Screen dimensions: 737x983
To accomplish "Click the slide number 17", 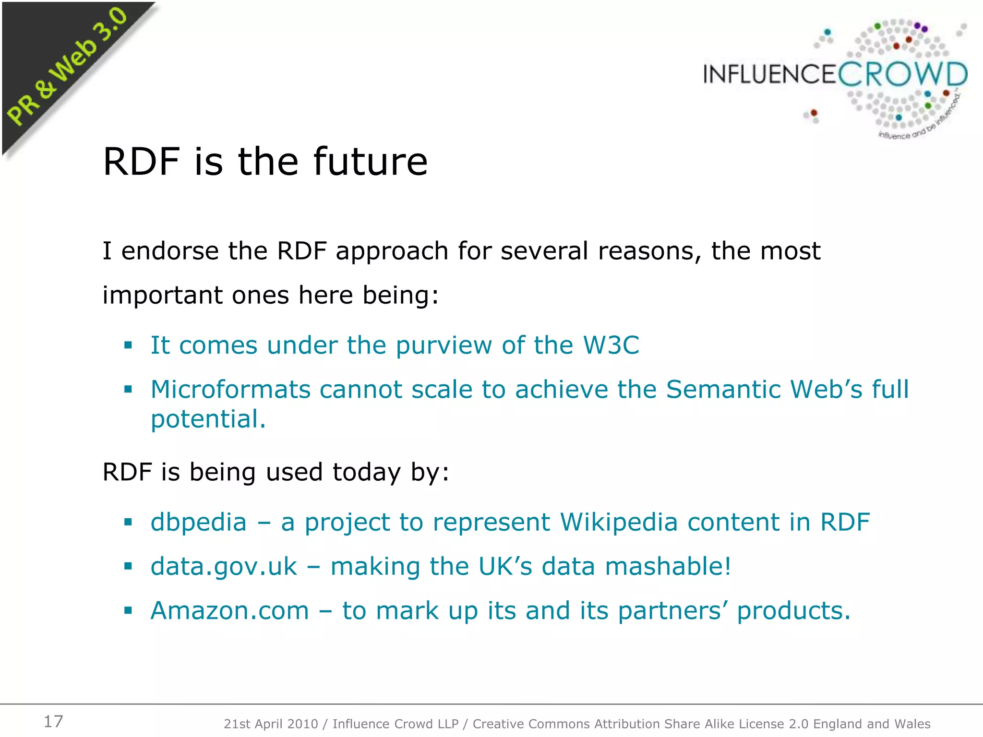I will pos(53,721).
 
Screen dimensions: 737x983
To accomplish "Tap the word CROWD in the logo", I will pos(903,75).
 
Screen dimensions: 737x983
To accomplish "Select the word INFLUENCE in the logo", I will pos(770,75).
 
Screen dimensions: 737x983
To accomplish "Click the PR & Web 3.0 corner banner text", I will pos(67,67).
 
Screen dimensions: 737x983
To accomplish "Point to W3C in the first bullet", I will pos(611,345).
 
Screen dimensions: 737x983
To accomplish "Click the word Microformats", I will pos(230,389).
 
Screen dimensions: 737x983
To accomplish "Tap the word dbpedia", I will pos(198,522).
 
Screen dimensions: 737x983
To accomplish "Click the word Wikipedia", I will pos(619,522).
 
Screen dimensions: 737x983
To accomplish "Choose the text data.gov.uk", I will pos(224,567).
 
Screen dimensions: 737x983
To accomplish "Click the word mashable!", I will pos(668,566).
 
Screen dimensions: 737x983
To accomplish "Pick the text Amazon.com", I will pos(229,611).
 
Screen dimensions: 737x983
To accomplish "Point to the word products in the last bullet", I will pos(793,611).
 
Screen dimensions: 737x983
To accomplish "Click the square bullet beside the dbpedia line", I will pos(128,522).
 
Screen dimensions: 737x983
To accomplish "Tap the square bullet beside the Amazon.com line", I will pos(128,611).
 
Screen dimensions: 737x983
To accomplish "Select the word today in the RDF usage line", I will pos(367,472).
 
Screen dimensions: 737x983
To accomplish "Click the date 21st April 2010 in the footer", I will pos(271,724).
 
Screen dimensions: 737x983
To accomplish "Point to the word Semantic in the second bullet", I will pos(723,389).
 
